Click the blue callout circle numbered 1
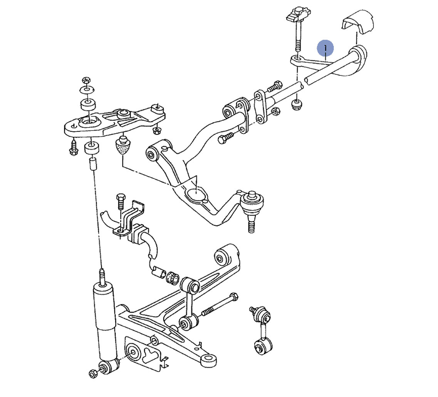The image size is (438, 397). click(x=325, y=48)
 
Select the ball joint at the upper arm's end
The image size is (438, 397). click(x=252, y=208)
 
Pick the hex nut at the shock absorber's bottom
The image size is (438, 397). click(x=93, y=374)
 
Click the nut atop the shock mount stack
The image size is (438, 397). click(x=86, y=81)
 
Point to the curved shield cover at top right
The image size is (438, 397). click(x=357, y=23)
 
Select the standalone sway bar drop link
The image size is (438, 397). click(x=261, y=330)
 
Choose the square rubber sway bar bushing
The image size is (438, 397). click(x=138, y=233)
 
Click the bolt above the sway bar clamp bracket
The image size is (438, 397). click(x=121, y=201)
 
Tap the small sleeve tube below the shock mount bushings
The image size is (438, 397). click(x=92, y=164)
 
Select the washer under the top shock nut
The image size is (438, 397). click(x=87, y=90)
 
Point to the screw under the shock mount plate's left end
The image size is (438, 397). click(x=74, y=147)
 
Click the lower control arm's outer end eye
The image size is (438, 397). click(x=208, y=360)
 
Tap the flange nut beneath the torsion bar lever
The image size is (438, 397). click(x=297, y=105)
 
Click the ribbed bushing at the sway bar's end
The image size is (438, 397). click(x=172, y=278)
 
